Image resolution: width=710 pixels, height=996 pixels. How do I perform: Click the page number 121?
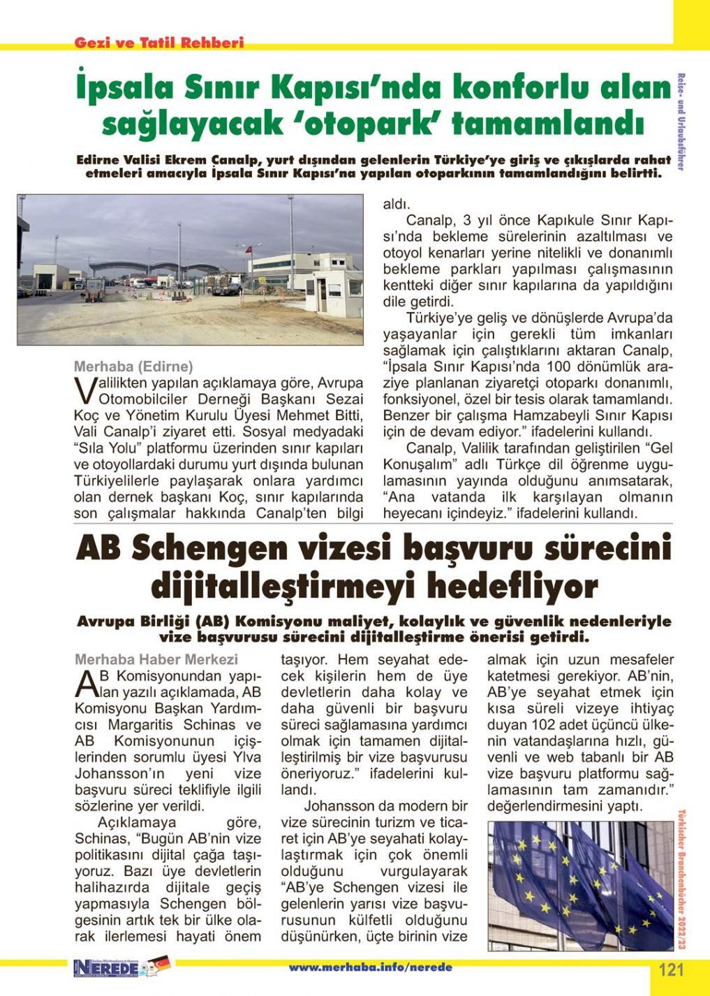coord(671,969)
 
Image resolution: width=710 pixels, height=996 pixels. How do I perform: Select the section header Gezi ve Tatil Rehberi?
coord(159,43)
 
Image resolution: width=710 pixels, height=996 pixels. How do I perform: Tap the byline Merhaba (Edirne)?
coord(133,366)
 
